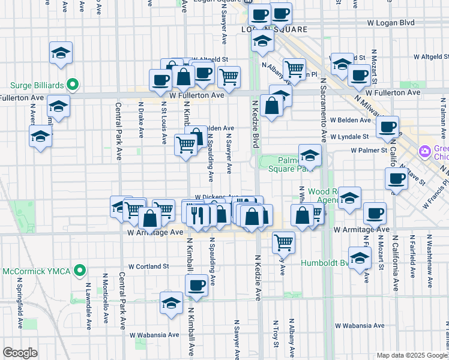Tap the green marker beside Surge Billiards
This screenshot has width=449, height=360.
[x=73, y=85]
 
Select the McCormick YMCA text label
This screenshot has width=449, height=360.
[x=33, y=271]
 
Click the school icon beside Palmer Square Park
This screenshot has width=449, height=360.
[x=310, y=156]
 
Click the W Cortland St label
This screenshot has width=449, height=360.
[x=148, y=266]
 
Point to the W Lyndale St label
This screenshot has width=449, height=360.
[x=349, y=137]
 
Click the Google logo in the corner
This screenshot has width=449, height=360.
[x=20, y=353]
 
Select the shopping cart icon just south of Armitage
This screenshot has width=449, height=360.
[x=283, y=242]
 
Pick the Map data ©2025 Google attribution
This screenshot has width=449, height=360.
[x=411, y=355]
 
